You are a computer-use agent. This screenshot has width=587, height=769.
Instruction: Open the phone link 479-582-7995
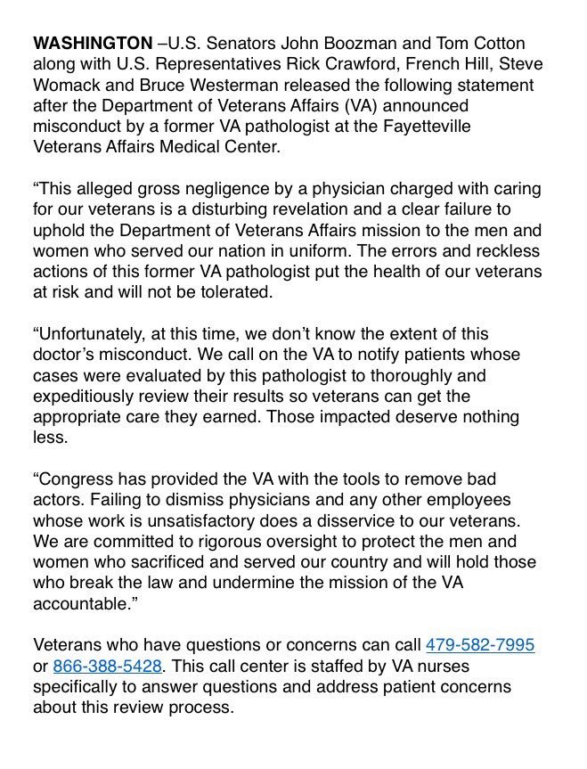coord(480,645)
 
